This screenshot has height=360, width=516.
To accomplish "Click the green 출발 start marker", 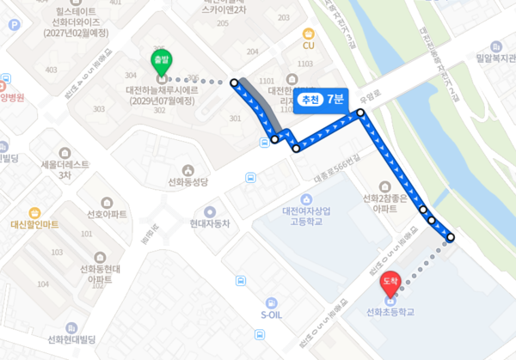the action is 159,60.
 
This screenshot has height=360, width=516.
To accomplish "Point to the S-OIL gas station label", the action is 272,314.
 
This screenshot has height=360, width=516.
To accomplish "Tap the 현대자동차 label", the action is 210,223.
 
